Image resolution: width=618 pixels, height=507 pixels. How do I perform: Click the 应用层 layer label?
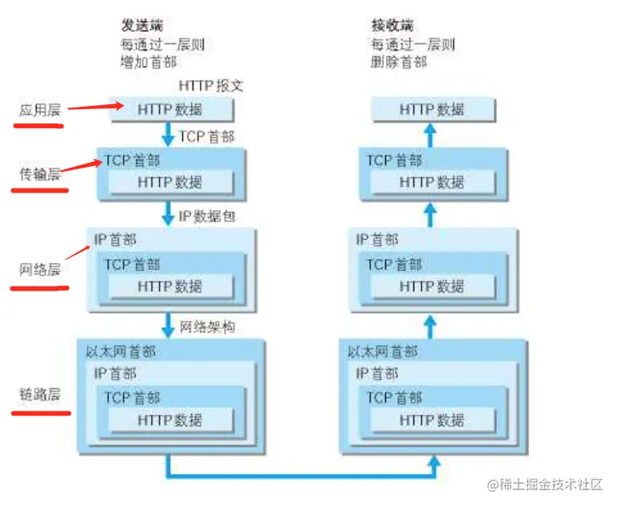[39, 110]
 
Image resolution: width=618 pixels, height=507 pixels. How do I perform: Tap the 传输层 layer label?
[39, 173]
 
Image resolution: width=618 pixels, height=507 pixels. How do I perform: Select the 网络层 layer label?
[39, 270]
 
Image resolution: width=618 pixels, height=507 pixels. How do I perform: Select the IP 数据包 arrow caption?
[206, 215]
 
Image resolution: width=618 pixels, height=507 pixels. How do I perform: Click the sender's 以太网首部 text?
[120, 351]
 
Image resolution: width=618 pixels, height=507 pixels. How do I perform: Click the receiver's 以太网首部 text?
[383, 351]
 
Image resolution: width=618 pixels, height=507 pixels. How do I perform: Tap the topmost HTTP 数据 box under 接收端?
[432, 109]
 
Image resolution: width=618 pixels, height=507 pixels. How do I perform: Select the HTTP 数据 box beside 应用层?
[170, 109]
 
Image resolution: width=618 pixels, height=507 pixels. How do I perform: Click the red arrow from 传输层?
[83, 166]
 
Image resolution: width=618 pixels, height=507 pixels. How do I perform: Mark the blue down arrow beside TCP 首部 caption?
[169, 135]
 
